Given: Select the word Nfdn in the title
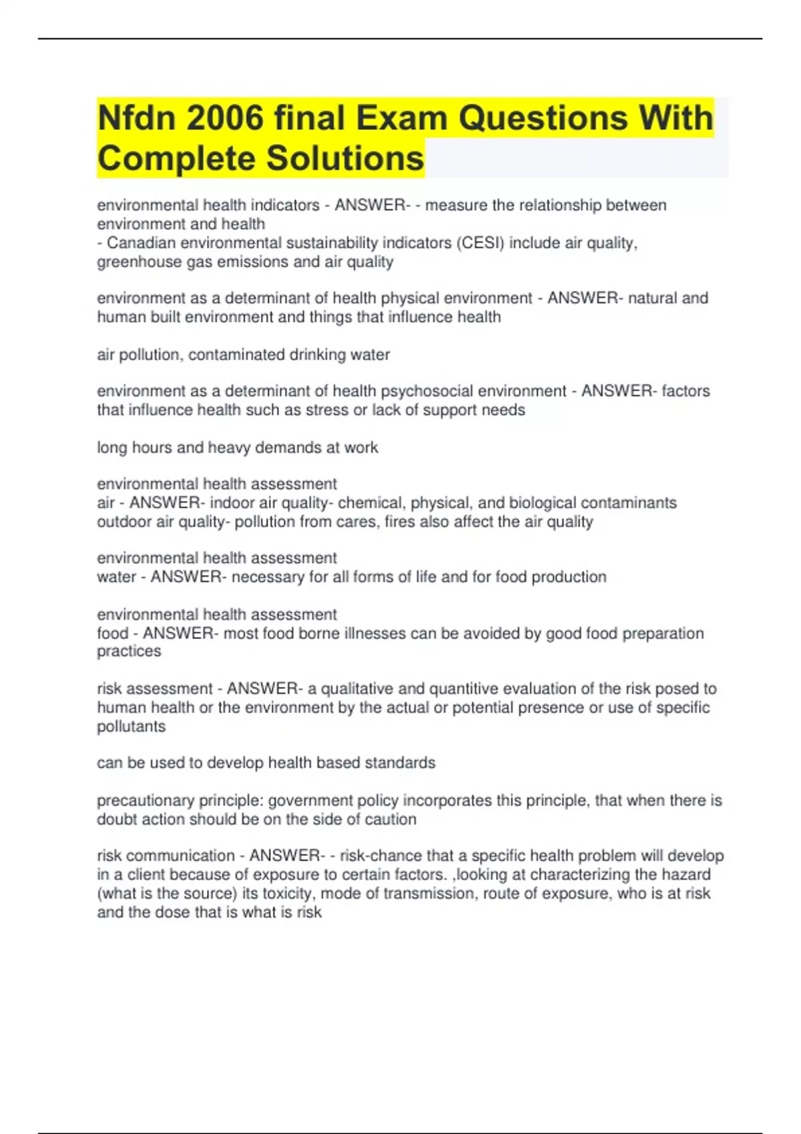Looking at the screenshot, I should pyautogui.click(x=137, y=119).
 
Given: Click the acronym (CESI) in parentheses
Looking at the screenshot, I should pyautogui.click(x=481, y=243).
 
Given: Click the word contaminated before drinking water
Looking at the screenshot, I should pyautogui.click(x=236, y=355).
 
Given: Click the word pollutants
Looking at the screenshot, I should pyautogui.click(x=131, y=726).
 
